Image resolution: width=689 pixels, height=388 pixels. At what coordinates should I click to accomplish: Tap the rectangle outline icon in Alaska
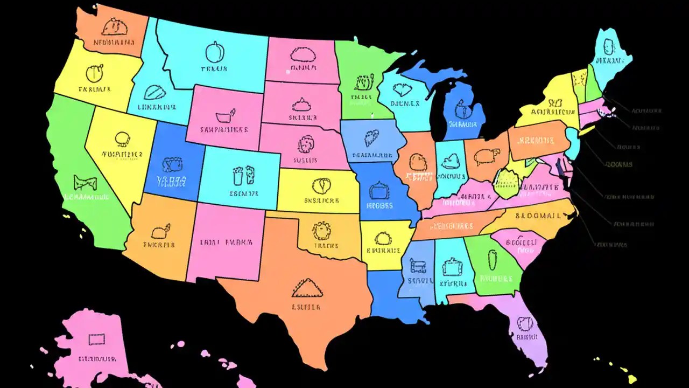[96, 339]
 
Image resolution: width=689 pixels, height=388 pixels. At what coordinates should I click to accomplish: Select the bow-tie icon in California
[85, 182]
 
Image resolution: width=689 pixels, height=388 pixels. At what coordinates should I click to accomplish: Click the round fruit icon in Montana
[214, 52]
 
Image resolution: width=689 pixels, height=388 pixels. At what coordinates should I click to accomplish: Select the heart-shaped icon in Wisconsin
[402, 89]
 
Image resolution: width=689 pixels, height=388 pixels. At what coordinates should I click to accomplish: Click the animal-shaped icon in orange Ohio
[486, 156]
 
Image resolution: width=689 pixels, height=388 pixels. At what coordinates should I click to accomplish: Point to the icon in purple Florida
[525, 323]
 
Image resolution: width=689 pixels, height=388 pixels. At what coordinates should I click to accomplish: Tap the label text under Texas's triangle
[306, 307]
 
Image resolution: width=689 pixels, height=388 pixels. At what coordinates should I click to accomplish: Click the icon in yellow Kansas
[321, 186]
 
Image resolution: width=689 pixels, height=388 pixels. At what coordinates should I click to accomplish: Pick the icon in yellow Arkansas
[383, 238]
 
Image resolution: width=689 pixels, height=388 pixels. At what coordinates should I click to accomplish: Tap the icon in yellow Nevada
[123, 140]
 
